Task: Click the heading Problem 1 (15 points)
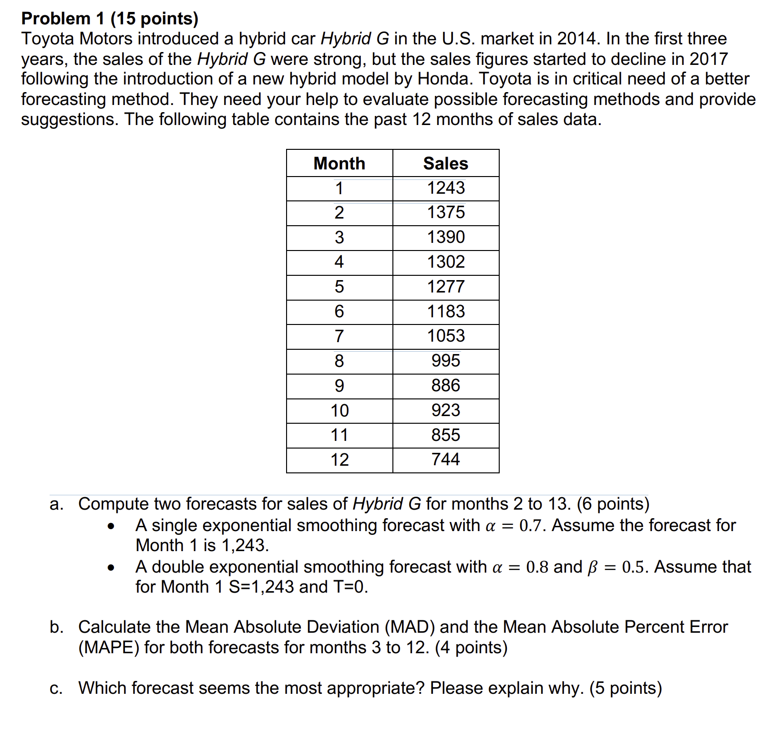pos(110,19)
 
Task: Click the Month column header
pos(339,164)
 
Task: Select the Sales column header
pos(445,164)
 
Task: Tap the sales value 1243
pos(445,188)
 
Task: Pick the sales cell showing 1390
pos(445,237)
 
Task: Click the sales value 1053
pos(445,336)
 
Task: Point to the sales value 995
pos(445,361)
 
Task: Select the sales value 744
pos(445,460)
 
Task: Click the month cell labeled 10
pos(339,410)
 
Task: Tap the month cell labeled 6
pos(339,312)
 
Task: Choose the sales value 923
pos(445,410)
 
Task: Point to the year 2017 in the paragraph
pos(709,59)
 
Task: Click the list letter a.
pos(56,504)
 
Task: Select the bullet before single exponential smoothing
pos(111,527)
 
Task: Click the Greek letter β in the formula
pos(593,567)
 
